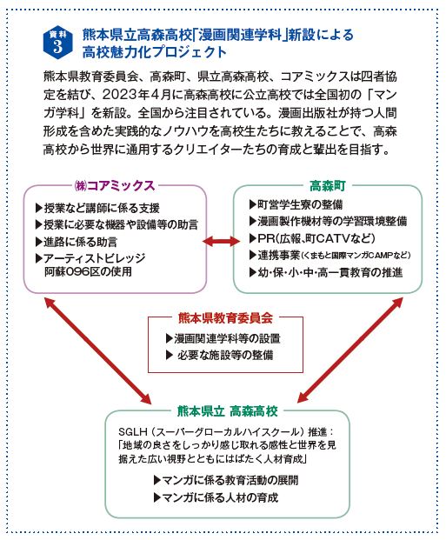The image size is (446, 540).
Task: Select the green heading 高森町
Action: click(327, 184)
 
